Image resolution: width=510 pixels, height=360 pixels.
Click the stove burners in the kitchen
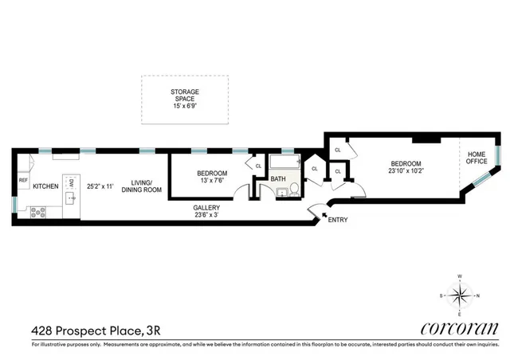37,212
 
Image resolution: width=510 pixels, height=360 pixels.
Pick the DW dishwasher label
72,182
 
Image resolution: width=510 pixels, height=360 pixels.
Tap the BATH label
278,180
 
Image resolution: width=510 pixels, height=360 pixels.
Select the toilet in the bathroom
293,189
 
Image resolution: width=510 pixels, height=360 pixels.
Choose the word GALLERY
206,208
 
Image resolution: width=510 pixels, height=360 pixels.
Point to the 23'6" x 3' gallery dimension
206,216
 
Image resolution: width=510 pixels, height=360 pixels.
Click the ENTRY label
338,220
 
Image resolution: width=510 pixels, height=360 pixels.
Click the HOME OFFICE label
477,158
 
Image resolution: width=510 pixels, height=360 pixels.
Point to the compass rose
459,296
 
